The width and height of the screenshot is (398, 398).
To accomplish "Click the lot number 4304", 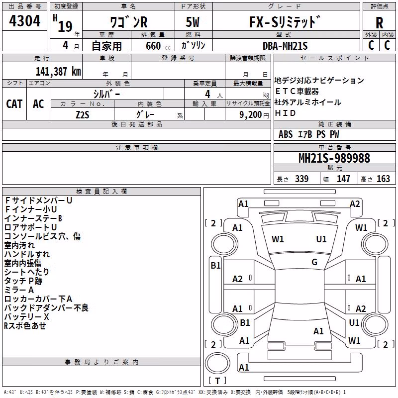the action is (24, 21).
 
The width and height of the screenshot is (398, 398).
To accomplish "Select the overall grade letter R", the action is (379, 23).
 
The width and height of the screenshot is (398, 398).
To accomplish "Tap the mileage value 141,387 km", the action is (58, 71).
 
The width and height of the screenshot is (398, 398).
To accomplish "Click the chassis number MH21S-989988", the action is (334, 158).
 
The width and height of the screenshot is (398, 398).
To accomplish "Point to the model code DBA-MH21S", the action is (285, 46).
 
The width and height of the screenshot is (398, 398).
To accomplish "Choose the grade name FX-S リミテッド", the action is (285, 22).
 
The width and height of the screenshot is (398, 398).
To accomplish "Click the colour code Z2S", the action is (83, 115).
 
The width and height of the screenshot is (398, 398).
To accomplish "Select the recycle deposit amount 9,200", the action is (250, 115).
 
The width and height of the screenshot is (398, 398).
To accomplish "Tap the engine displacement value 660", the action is (153, 46).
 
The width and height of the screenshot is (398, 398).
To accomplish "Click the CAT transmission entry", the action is (14, 104).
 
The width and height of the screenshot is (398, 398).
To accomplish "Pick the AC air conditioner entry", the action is (38, 104).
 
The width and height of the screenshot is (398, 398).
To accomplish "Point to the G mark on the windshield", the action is (314, 262).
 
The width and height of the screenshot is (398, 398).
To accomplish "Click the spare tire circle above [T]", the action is (217, 363).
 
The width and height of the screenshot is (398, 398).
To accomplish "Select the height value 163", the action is (383, 179).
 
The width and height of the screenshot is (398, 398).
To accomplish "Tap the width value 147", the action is (343, 179).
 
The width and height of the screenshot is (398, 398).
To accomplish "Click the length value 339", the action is (301, 179).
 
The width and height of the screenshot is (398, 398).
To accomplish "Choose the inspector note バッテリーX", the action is (27, 317).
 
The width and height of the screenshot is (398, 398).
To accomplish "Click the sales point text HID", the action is (285, 113).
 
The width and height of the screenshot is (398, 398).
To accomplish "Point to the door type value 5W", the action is (193, 22).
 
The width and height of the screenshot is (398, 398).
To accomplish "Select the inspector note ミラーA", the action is (19, 290).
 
